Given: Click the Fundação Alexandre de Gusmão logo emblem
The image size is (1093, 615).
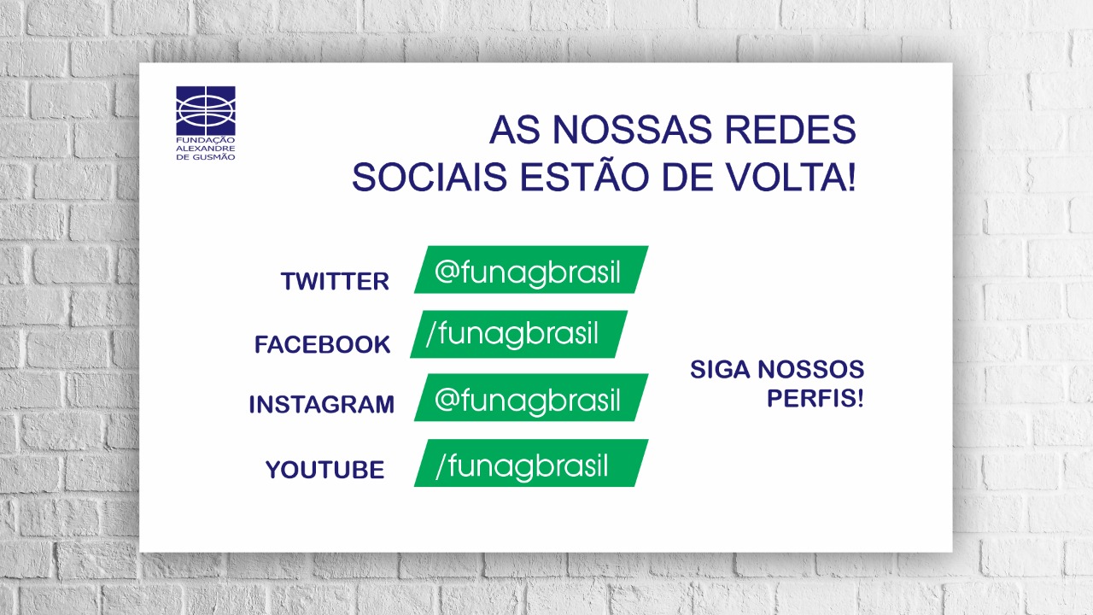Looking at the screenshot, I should [206, 110].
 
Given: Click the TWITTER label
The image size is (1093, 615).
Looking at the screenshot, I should [335, 281].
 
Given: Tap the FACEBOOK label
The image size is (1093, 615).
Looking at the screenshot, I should [322, 345].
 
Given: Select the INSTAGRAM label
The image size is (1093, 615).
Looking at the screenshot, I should [321, 405].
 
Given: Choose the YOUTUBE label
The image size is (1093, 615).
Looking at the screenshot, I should [324, 470].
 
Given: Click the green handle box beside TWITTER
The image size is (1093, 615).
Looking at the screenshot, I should [530, 270].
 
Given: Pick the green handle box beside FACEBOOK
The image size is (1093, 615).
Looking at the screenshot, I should [518, 334].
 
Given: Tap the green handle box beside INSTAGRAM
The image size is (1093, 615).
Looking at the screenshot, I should [530, 398].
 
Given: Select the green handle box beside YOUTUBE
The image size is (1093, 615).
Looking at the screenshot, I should [530, 463].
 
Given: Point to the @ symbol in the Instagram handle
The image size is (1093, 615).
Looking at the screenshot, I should [448, 399].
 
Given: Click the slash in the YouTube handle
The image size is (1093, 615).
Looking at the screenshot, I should [440, 466].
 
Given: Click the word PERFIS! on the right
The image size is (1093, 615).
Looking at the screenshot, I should [815, 398].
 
